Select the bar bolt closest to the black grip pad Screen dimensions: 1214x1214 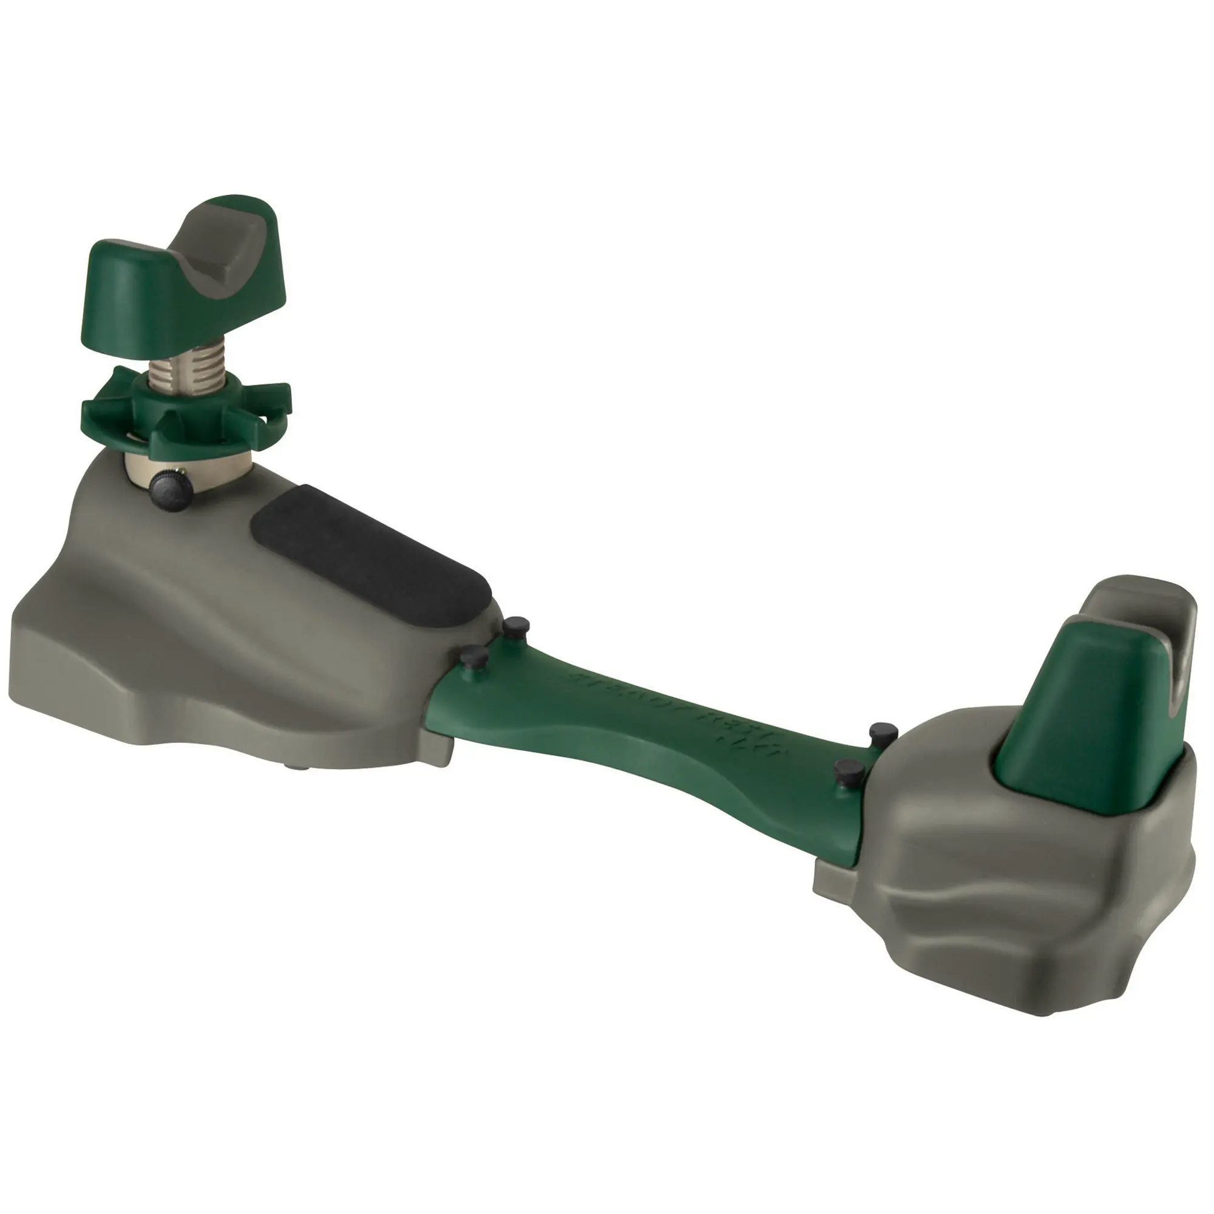coord(518,625)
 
